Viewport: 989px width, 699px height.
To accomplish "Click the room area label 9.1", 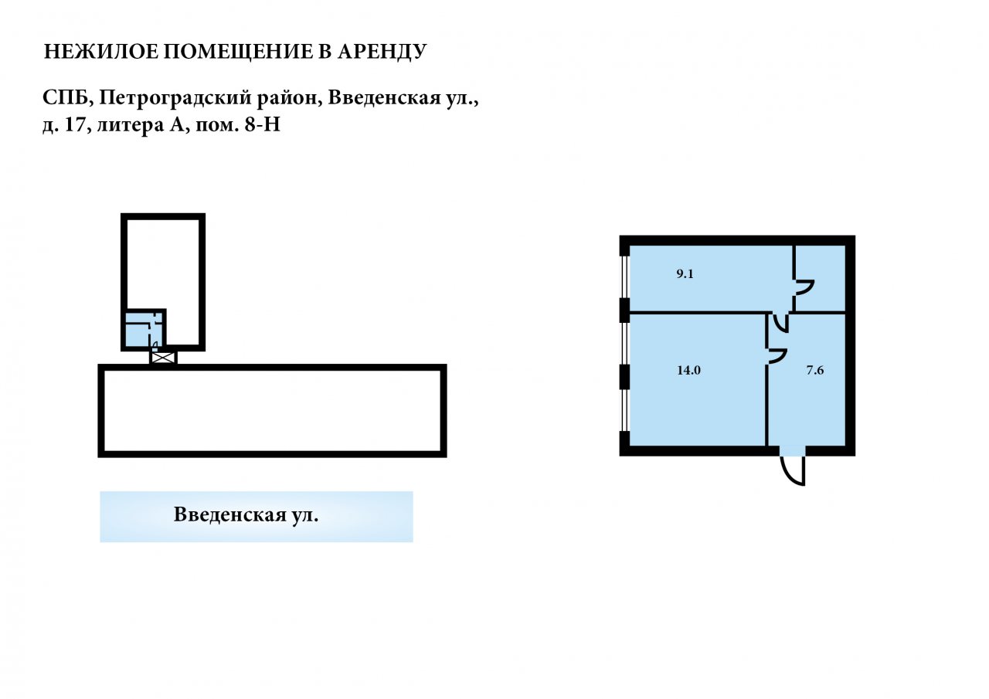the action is coord(685,274).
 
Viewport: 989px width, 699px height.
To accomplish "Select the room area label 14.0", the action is coord(688,370).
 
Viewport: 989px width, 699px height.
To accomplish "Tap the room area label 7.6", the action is coord(815,370).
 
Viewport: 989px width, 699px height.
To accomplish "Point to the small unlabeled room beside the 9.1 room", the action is coord(821,279).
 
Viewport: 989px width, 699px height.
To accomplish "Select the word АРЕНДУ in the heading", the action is coord(382,52).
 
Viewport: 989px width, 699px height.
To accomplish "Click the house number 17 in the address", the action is coord(74,125).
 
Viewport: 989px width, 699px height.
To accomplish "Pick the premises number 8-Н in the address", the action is coord(262,125).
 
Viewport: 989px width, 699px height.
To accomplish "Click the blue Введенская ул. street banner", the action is coord(257,517).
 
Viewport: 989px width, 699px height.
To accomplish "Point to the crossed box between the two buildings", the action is coord(163,358).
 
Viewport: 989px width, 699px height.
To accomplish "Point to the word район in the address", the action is coord(289,98).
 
